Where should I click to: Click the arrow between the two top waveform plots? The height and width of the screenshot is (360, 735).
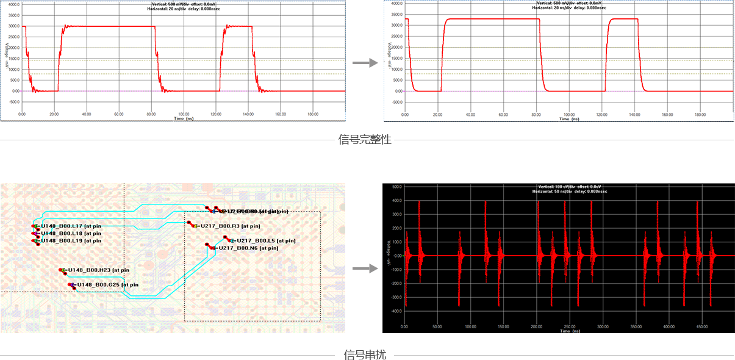click(x=365, y=63)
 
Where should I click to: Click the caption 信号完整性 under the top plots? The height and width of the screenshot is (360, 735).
click(x=365, y=140)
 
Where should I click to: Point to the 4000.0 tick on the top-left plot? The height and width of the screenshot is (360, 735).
click(x=12, y=4)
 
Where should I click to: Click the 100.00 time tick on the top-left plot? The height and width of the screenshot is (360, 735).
click(x=184, y=114)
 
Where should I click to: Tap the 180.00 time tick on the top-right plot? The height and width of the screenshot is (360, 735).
click(x=700, y=114)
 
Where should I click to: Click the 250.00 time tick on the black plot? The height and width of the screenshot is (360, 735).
click(x=570, y=326)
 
